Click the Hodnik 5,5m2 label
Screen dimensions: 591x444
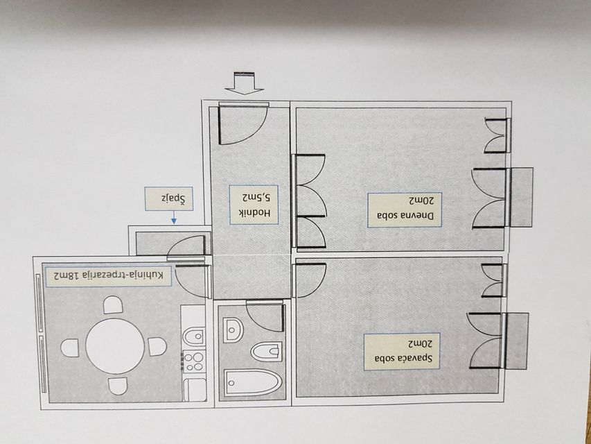click(254, 205)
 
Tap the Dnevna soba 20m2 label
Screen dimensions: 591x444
click(405, 210)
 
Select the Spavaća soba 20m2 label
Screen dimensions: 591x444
click(402, 352)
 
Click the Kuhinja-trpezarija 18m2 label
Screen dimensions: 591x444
click(108, 276)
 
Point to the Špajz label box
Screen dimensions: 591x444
click(169, 198)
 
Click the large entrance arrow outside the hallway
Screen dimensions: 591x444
click(245, 83)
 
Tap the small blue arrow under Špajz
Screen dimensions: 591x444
click(174, 218)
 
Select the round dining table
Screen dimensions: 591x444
click(115, 346)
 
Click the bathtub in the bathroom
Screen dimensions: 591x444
click(252, 383)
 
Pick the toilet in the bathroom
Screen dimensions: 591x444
click(267, 352)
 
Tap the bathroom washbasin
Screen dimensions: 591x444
click(233, 330)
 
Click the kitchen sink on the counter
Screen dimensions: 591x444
click(195, 336)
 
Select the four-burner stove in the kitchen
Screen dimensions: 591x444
click(194, 361)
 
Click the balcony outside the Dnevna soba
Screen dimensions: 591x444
click(521, 198)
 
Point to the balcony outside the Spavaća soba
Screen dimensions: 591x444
click(517, 341)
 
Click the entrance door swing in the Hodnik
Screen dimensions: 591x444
click(242, 124)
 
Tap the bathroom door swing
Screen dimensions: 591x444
click(265, 316)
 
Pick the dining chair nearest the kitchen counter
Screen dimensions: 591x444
click(157, 347)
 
